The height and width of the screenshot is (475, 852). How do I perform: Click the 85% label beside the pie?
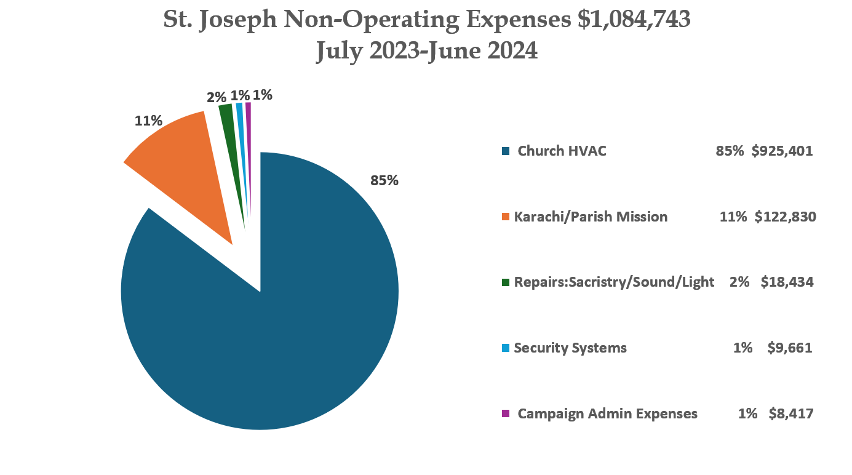(384, 181)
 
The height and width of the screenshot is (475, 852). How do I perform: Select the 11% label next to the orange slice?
(148, 121)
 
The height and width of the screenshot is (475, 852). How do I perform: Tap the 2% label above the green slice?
(216, 97)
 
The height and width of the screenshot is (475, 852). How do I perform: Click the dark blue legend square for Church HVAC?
(506, 151)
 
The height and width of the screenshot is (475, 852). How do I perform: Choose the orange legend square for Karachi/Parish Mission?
(506, 217)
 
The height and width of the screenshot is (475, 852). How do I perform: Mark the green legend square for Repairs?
(506, 282)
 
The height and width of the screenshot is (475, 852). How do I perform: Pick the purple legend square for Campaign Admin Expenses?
(506, 413)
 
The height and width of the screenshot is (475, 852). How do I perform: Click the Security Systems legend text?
(570, 348)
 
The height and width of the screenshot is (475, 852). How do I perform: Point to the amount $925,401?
(782, 151)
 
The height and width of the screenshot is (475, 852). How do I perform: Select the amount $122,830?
(785, 217)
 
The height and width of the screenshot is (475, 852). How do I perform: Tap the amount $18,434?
(787, 282)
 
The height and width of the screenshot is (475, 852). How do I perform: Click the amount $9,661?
(790, 348)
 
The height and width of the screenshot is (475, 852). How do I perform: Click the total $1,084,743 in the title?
(634, 20)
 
